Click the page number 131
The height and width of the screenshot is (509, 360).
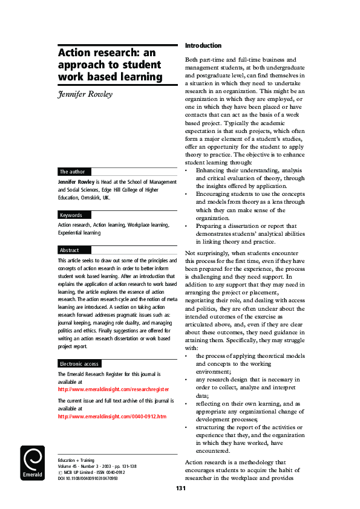point(180,488)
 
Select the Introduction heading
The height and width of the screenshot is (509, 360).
point(203,45)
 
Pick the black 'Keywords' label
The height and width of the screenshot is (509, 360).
point(71,215)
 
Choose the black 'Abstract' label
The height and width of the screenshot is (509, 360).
point(69,250)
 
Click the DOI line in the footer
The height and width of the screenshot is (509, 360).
point(87,479)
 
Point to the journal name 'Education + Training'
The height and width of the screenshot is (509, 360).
point(76,460)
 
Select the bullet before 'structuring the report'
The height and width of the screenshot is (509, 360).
point(187,427)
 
